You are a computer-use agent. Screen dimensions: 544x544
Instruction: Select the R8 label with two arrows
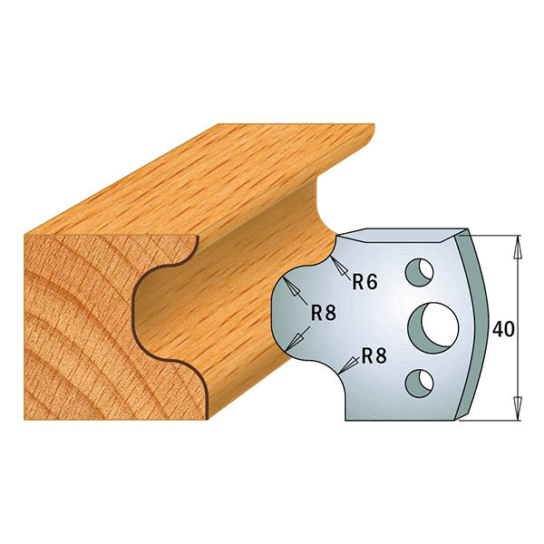pyautogui.click(x=324, y=313)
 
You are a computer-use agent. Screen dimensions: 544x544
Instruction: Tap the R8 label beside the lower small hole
pyautogui.click(x=374, y=356)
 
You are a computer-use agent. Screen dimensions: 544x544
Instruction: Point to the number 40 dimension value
pyautogui.click(x=504, y=329)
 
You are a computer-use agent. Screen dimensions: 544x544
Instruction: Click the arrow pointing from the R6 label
pyautogui.click(x=341, y=267)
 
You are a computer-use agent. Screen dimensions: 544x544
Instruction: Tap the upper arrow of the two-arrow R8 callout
pyautogui.click(x=294, y=289)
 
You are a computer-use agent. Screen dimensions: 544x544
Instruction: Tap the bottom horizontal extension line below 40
pyautogui.click(x=494, y=420)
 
